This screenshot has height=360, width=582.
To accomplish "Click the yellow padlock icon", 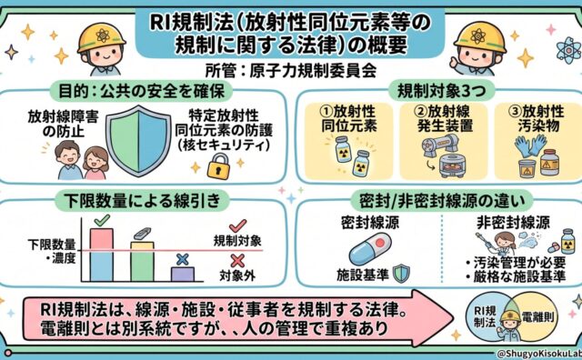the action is point(218,166).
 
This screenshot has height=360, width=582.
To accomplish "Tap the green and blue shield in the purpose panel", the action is point(138,141).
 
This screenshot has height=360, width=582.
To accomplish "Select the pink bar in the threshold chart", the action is point(102,239).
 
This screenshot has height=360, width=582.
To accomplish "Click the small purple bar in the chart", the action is point(182,274).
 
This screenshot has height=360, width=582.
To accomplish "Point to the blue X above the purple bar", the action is point(182,259).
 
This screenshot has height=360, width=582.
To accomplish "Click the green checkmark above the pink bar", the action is point(102,220).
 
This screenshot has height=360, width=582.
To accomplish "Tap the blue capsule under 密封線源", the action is point(370,249).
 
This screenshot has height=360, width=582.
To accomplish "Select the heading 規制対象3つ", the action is point(441,90).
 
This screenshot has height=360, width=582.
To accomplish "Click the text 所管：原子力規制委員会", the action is point(291,71).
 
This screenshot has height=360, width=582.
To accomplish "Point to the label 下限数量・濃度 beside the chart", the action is point(52,251).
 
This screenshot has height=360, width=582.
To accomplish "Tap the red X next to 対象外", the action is point(237,261).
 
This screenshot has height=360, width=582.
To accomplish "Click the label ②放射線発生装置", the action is point(445,118).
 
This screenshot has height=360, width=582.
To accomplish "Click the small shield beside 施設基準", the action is point(401,274).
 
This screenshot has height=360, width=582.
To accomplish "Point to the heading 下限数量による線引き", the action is point(143,201).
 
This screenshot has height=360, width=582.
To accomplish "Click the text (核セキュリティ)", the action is point(224,145).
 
